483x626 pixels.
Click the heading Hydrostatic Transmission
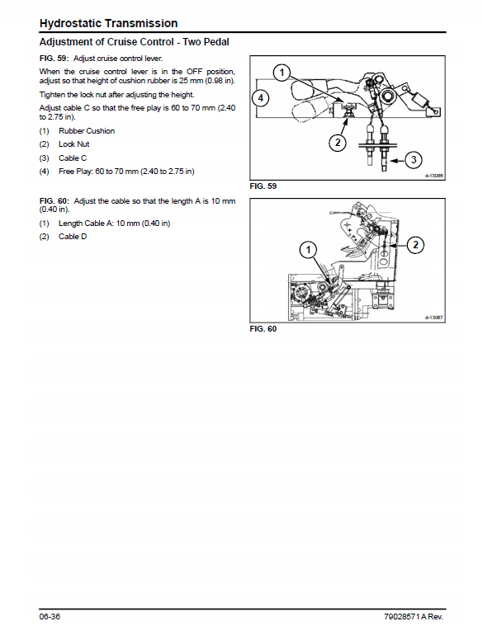pos(108,24)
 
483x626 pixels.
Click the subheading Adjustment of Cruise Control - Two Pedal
pos(135,42)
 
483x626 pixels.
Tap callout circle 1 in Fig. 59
pos(282,73)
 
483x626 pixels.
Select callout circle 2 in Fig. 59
pos(338,142)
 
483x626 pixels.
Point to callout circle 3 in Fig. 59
pos(414,160)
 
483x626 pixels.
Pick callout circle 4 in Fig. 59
pos(260,98)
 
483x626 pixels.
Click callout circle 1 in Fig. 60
pos(308,251)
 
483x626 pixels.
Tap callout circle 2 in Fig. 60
pos(415,244)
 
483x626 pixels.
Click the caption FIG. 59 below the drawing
pos(263,186)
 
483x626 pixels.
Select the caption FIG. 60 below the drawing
pos(263,328)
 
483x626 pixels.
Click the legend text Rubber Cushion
pos(87,131)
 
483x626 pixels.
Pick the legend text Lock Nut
pos(74,144)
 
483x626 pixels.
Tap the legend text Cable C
pos(73,158)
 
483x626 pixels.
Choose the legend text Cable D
pos(73,237)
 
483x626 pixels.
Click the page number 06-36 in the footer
pos(50,616)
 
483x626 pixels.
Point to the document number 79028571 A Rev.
pos(414,616)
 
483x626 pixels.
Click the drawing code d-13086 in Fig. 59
pos(433,176)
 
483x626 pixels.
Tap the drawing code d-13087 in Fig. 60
pos(433,318)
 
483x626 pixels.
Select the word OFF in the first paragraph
pos(195,72)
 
